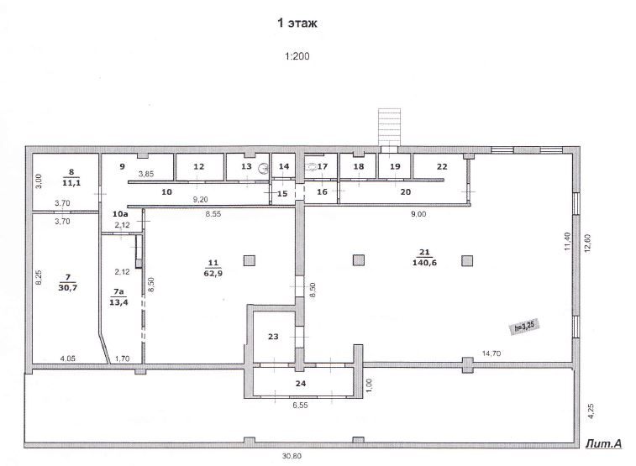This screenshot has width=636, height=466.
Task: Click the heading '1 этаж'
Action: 297,24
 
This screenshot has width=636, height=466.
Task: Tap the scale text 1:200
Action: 297,56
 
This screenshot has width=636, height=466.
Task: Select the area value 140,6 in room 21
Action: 424,263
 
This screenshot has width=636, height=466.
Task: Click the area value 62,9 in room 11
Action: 213,273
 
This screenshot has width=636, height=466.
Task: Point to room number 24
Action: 301,384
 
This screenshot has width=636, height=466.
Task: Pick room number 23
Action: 273,337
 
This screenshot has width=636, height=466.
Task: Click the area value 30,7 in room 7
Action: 68,288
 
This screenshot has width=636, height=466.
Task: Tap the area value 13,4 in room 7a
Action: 118,302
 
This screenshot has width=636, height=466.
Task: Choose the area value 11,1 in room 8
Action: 71,183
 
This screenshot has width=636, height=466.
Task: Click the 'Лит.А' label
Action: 603,443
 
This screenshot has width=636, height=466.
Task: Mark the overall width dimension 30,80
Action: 292,456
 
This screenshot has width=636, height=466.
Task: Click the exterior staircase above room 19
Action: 389,127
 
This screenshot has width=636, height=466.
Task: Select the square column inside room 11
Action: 250,260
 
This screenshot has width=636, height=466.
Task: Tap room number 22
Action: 442,166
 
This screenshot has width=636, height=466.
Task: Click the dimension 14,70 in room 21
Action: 491,353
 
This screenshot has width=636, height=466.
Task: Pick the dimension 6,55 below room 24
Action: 300,405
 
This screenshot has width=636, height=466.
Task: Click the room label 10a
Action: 120,213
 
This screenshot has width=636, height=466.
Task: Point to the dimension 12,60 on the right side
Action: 588,242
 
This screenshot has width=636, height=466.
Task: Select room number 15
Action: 282,193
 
